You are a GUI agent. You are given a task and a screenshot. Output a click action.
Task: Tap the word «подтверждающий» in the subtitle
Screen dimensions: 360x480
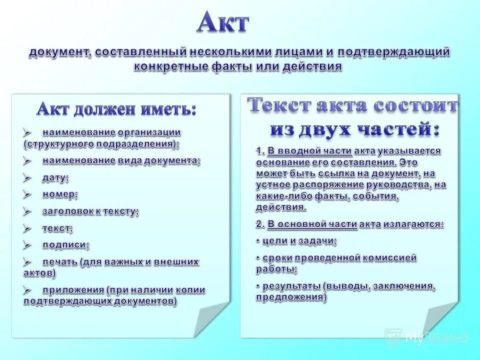pos(393,52)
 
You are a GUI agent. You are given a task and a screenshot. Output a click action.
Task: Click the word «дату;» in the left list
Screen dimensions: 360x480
pos(55,177)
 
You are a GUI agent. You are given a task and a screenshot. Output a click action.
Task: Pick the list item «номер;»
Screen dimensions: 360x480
pos(60,194)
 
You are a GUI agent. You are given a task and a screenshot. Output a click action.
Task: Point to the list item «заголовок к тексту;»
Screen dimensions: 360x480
pos(90,211)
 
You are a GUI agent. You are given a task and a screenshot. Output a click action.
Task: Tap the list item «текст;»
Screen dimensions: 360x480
pos(57,228)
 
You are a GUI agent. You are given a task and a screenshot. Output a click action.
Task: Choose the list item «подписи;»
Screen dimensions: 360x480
pos(66,245)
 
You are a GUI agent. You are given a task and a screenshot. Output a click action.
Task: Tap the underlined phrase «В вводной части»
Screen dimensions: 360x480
pos(310,151)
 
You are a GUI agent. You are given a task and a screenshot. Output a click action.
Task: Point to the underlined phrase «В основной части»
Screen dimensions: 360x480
pos(312,224)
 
